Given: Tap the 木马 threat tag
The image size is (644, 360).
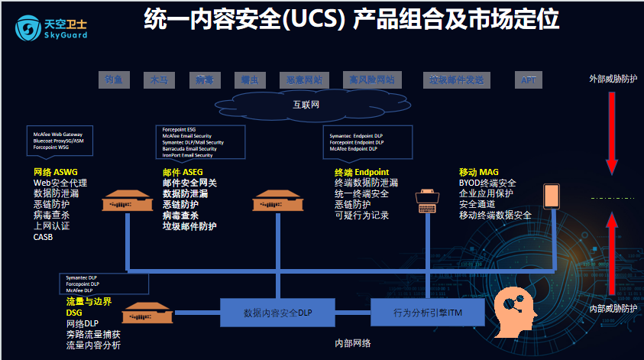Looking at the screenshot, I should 159,79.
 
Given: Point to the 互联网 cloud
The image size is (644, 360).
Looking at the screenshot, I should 306,103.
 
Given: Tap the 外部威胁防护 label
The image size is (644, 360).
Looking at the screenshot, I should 613,79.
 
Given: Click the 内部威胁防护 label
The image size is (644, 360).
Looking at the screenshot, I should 613,308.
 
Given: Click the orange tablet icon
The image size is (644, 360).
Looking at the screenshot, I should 551,196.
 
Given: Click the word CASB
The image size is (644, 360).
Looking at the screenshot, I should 44,237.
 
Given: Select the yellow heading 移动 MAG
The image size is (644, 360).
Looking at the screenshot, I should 479,172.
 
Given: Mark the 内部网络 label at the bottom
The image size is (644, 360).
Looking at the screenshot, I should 353,343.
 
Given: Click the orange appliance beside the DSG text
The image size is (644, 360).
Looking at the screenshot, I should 144,313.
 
